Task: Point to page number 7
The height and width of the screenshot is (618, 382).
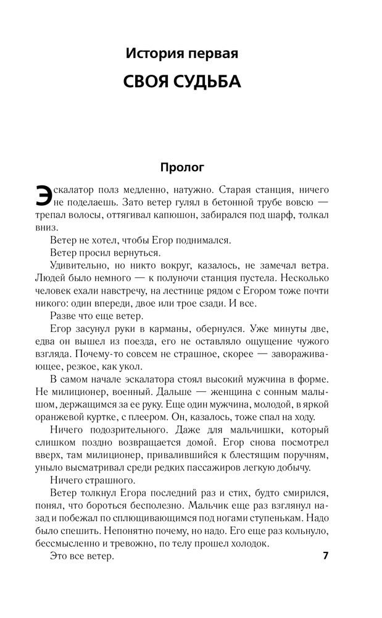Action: click(x=325, y=556)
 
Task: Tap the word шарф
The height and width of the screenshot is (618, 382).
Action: click(x=285, y=215)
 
